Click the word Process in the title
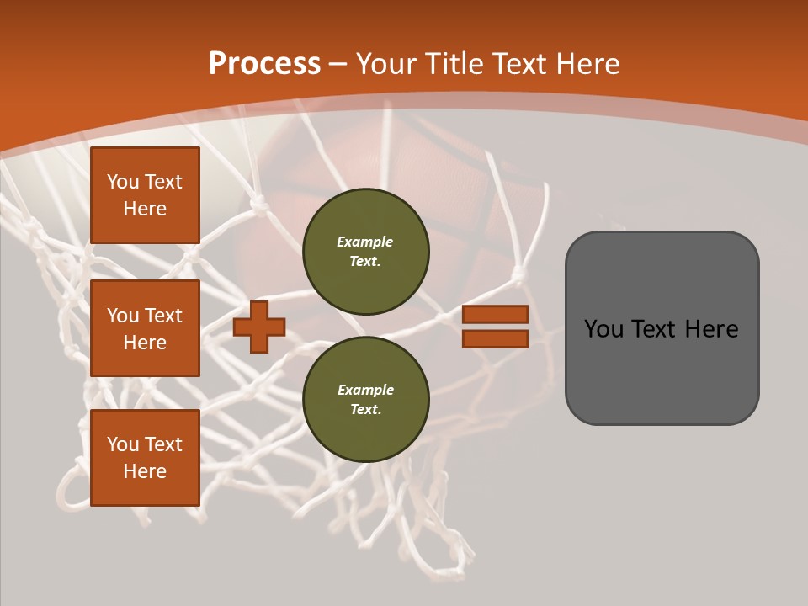click(264, 64)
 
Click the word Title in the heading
click(454, 64)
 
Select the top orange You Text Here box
click(145, 195)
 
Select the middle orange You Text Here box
click(145, 328)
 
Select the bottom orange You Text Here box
click(145, 458)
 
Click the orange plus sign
click(259, 327)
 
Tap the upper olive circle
click(365, 252)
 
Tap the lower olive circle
click(365, 400)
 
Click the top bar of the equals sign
click(495, 315)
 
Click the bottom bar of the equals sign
click(495, 339)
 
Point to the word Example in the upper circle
click(365, 242)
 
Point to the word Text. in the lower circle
click(365, 410)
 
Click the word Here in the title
click(588, 64)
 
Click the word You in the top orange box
click(123, 182)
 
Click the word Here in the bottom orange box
click(145, 471)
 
